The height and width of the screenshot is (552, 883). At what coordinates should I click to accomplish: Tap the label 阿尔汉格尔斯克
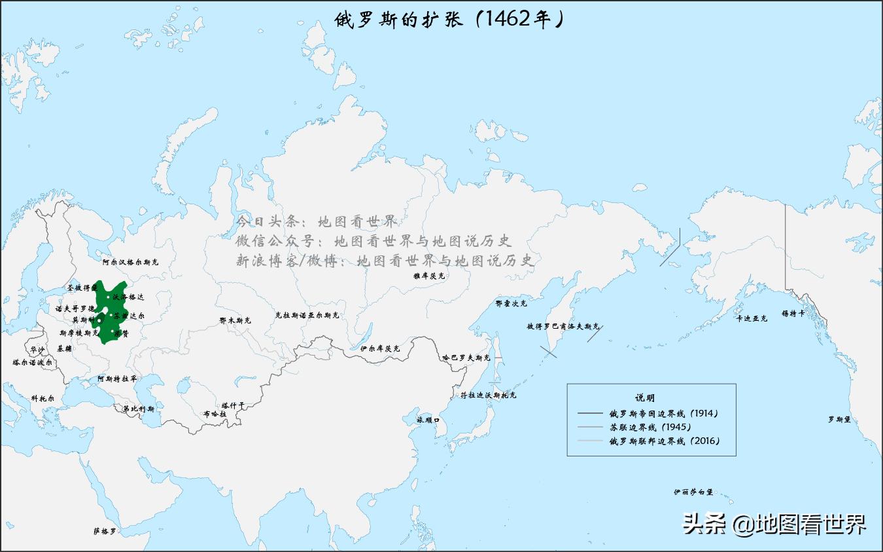(130, 262)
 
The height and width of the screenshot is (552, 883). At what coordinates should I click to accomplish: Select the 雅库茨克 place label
(428, 276)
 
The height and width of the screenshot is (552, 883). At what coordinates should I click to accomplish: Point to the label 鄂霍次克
(511, 304)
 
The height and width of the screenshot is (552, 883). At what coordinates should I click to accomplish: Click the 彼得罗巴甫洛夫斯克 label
(563, 326)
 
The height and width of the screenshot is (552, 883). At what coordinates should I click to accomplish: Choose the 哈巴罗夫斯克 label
(466, 358)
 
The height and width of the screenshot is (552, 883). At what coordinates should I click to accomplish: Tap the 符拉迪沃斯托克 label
(488, 396)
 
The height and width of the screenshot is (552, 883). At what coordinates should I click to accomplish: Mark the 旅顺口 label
(428, 420)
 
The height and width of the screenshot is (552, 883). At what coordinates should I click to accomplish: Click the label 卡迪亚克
(752, 318)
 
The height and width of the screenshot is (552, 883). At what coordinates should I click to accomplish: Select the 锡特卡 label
(793, 314)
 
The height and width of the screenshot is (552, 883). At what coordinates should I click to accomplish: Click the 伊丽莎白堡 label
(693, 492)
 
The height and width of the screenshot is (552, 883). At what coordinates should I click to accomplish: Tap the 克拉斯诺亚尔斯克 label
(307, 315)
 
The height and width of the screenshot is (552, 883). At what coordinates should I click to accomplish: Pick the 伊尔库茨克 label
(380, 348)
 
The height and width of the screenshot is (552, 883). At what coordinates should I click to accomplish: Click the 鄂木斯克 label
(235, 321)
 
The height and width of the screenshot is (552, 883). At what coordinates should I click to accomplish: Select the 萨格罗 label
(105, 531)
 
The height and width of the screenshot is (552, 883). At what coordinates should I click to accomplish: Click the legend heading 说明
(645, 397)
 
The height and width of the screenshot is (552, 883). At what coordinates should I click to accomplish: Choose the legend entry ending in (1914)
(663, 414)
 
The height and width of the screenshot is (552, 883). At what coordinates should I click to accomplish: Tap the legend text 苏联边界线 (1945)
(650, 427)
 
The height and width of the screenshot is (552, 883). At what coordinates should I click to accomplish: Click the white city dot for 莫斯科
(99, 320)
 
